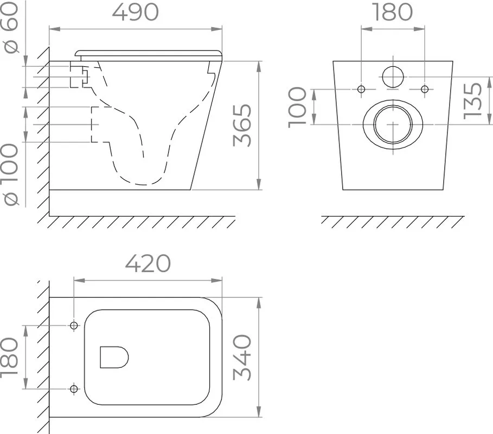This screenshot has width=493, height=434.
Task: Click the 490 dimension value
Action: [x=135, y=12]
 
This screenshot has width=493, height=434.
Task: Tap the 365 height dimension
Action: [x=242, y=125]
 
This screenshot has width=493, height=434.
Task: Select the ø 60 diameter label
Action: [x=11, y=27]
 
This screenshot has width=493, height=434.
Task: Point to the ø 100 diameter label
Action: [x=11, y=175]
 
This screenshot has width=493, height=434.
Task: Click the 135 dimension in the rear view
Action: [x=473, y=101]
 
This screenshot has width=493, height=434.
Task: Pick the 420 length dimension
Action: [x=148, y=264]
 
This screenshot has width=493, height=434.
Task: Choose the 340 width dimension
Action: [x=242, y=358]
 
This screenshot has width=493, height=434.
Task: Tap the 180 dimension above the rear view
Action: [x=393, y=12]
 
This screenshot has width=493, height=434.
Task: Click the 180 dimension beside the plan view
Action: [x=9, y=358]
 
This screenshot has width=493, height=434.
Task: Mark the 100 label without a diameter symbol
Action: [x=297, y=107]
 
